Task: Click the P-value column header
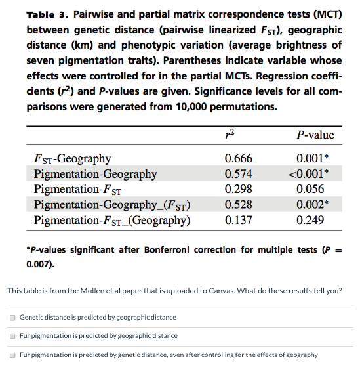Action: [315, 135]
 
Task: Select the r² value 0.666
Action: [238, 158]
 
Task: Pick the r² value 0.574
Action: [238, 174]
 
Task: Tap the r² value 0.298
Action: [238, 189]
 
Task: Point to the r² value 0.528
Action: [238, 205]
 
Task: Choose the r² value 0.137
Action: [238, 220]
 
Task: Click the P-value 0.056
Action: [310, 189]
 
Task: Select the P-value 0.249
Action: [310, 220]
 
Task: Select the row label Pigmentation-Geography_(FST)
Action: [112, 205]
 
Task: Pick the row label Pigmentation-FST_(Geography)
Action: [112, 220]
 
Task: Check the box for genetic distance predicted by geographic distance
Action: [12, 317]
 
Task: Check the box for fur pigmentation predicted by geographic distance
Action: [12, 335]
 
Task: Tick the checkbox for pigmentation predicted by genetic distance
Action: [12, 355]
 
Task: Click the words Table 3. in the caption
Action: [47, 14]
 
